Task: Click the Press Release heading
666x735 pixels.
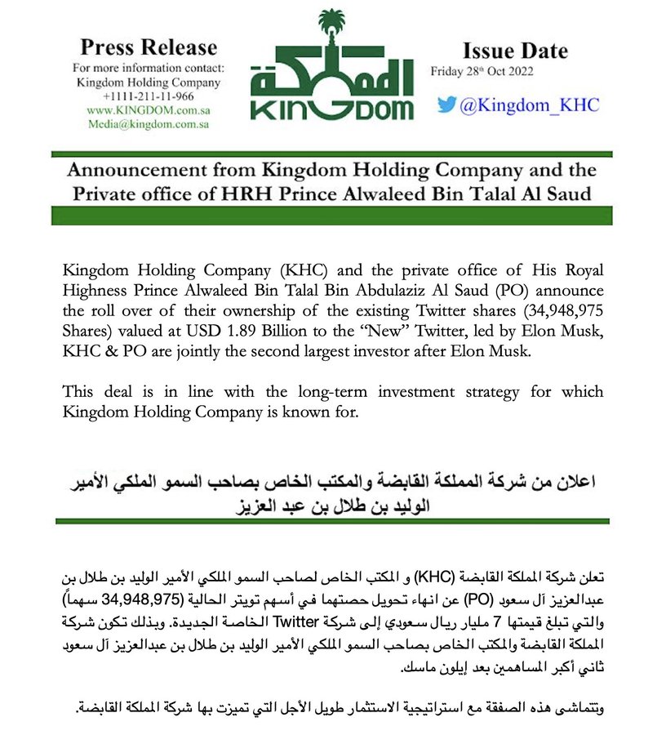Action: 149,47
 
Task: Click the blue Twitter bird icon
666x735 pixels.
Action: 446,105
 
